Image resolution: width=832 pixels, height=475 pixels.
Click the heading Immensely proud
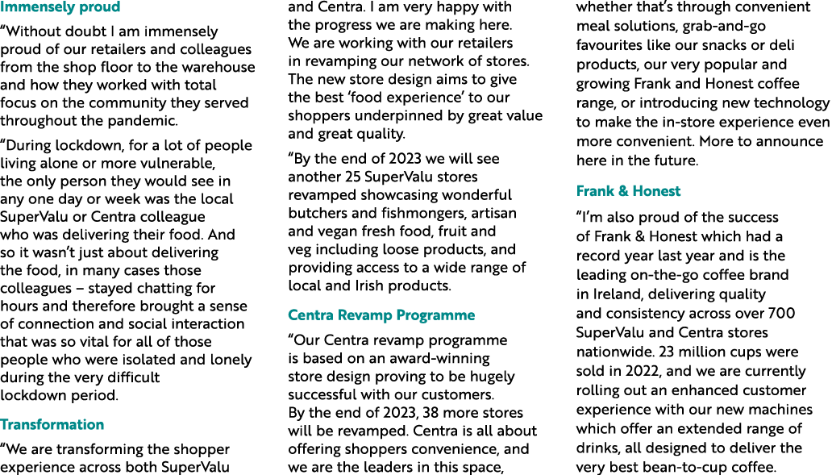coord(60,7)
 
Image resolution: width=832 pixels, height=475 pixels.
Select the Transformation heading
coord(52,425)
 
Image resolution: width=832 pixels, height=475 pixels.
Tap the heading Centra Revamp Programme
coord(381,315)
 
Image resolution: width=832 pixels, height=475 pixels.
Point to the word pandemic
coord(147,121)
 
